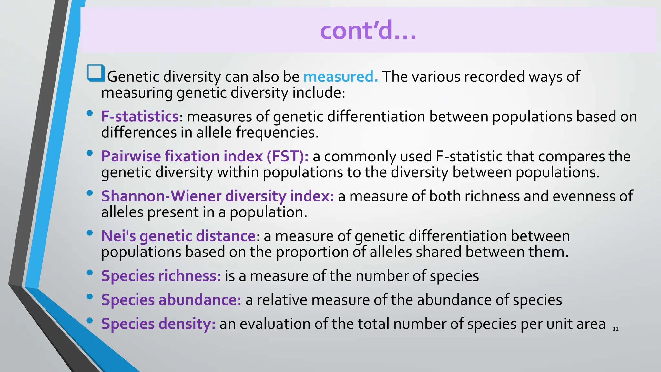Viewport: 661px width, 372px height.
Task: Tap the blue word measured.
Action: [x=340, y=77]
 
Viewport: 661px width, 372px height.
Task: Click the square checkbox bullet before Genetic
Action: [x=96, y=73]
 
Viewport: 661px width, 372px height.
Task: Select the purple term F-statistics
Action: [x=140, y=117]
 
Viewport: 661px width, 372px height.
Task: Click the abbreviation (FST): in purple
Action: [x=288, y=157]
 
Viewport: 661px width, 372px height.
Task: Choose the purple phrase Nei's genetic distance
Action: [x=178, y=236]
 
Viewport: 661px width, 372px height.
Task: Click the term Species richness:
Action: [x=161, y=276]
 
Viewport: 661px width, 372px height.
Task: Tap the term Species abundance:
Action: [x=171, y=300]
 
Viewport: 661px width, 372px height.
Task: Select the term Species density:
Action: [x=158, y=324]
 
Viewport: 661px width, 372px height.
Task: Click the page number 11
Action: [x=615, y=329]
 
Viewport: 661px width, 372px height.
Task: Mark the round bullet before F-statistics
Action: [x=90, y=113]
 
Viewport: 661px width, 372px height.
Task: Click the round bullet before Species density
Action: [x=90, y=320]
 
